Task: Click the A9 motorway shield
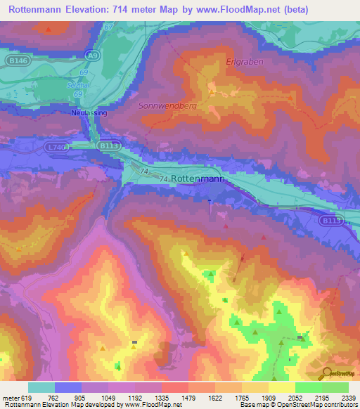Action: coord(92,54)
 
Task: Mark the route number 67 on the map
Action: coord(108,27)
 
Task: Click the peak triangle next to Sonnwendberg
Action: coord(211,91)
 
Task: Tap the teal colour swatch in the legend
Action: coord(41,387)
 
